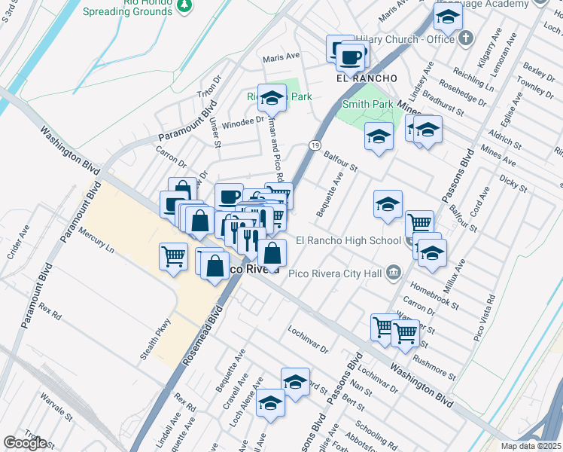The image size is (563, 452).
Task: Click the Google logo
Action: tap(25, 443)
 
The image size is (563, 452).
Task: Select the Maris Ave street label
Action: tap(281, 57)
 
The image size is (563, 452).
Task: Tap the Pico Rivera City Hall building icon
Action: tap(392, 272)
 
